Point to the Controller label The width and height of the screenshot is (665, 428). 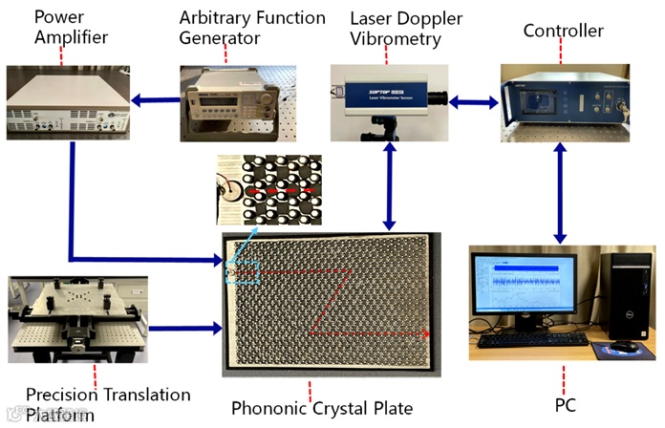(563, 32)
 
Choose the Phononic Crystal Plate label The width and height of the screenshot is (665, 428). (322, 409)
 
